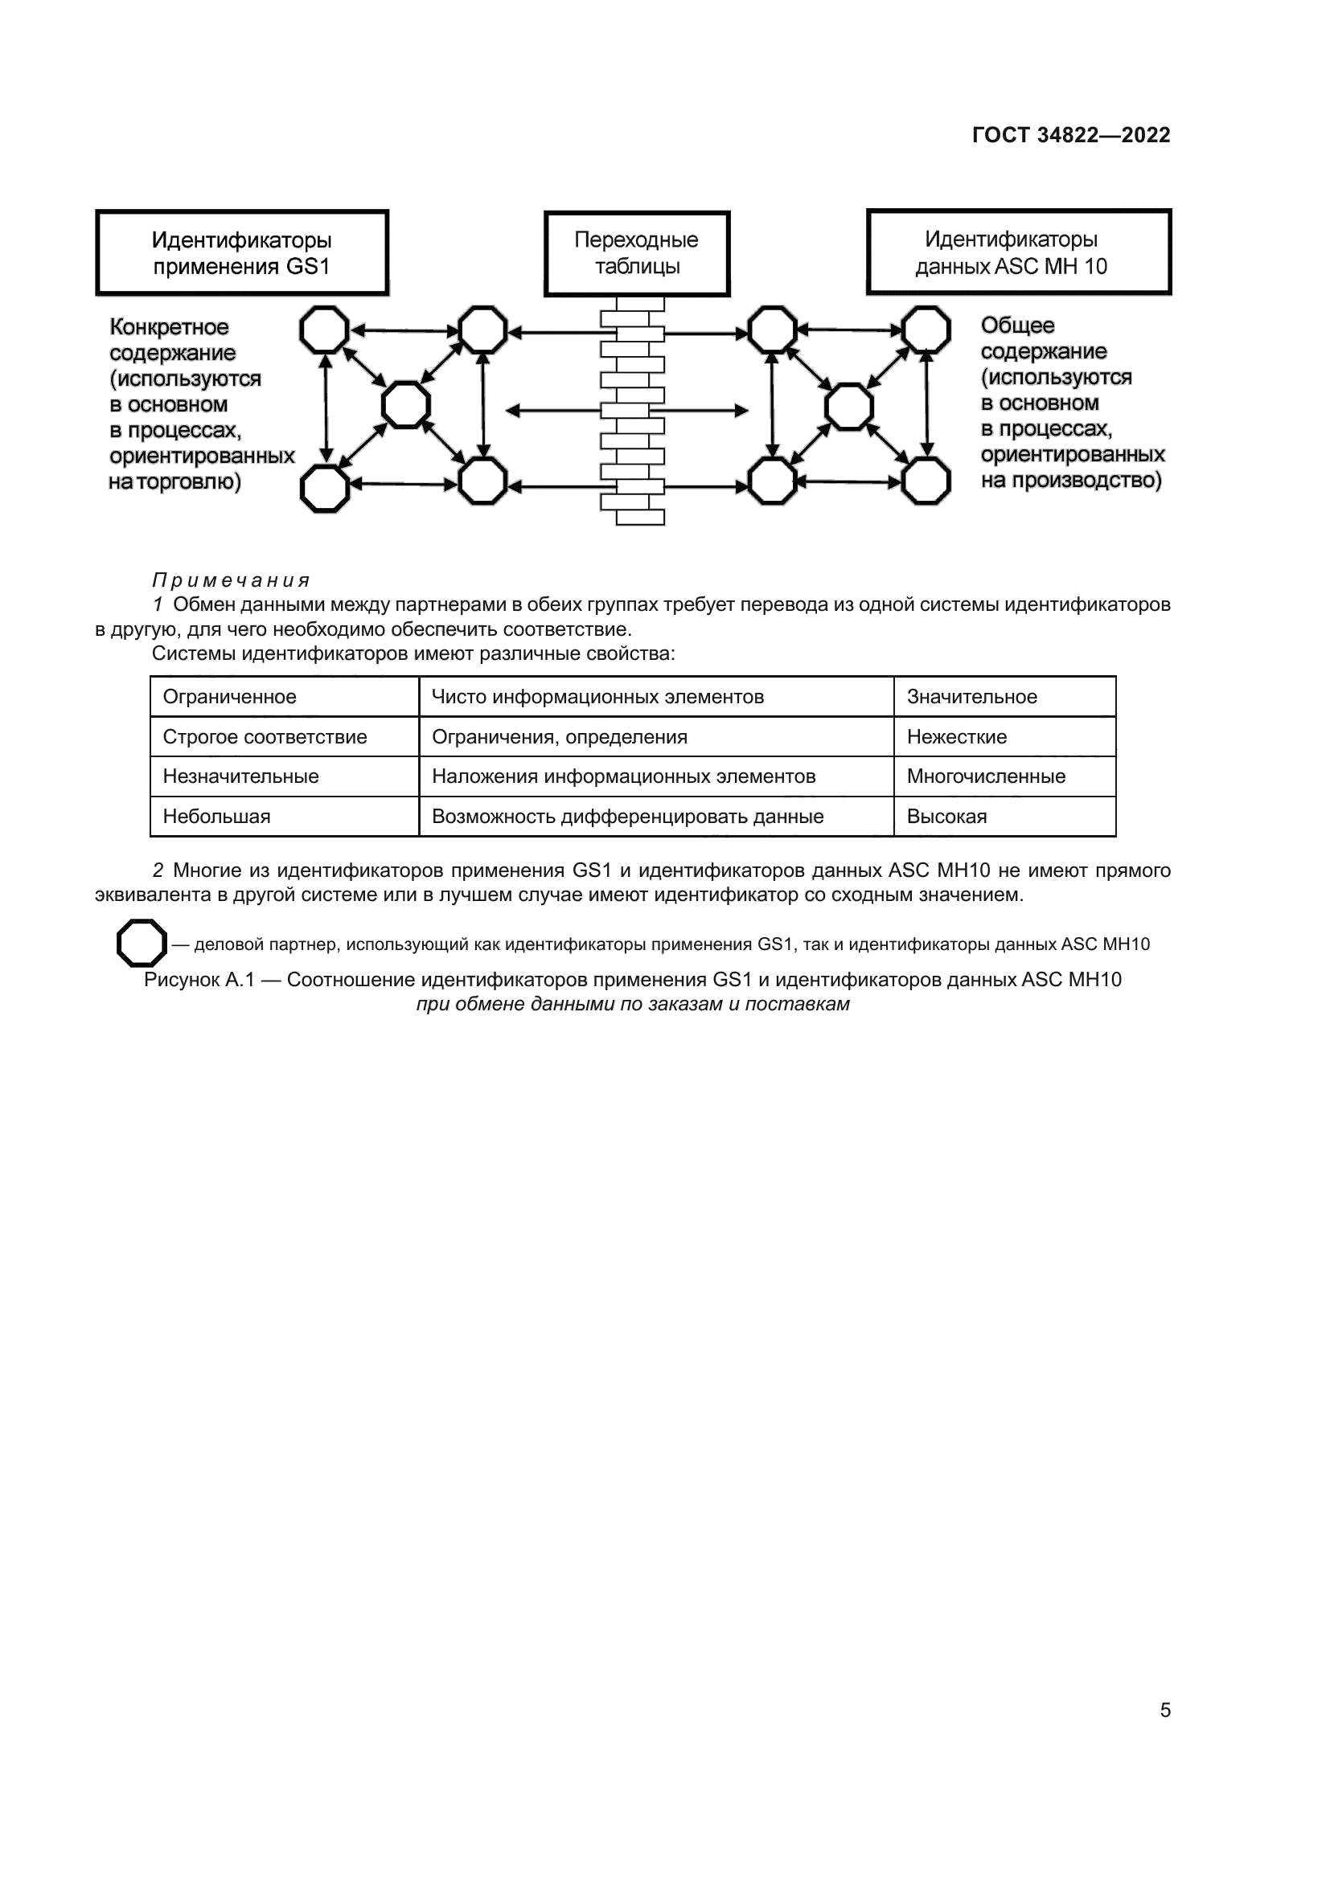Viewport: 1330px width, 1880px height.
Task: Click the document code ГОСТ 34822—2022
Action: pos(1071,135)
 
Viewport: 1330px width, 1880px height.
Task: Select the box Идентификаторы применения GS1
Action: pos(241,252)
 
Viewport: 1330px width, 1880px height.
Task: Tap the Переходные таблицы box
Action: pos(636,253)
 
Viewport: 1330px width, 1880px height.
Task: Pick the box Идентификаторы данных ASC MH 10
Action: pos(1019,252)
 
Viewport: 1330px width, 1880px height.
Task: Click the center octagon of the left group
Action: pos(406,405)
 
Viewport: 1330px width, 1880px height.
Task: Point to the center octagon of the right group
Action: pos(849,407)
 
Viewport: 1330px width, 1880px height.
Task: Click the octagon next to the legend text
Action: pos(142,943)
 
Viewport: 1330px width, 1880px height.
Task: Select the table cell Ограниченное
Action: pos(229,697)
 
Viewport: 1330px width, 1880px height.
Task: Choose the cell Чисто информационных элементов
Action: pos(597,697)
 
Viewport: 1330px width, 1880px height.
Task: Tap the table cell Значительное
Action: pos(971,697)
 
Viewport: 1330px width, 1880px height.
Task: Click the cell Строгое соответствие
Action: pos(265,737)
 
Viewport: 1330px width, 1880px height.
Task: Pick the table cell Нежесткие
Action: pos(957,737)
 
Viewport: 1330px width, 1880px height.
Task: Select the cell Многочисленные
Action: pos(986,776)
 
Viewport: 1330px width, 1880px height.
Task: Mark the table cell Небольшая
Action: pos(216,817)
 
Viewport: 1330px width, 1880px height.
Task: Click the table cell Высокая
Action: pos(946,817)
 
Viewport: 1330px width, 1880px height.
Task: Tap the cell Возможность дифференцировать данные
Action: pos(627,817)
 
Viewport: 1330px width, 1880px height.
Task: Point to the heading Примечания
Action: pos(231,580)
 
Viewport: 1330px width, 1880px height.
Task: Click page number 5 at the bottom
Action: pos(1164,1710)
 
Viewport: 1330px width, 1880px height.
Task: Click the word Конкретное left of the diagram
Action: pos(170,327)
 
